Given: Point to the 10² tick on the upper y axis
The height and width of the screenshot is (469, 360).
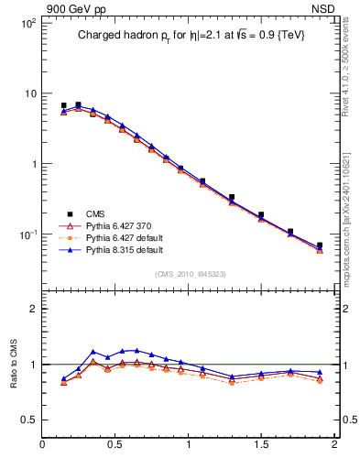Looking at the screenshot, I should (28, 23).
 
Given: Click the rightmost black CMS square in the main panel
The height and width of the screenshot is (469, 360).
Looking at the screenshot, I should (320, 245).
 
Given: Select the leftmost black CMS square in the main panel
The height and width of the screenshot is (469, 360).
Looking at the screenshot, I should (63, 106).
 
